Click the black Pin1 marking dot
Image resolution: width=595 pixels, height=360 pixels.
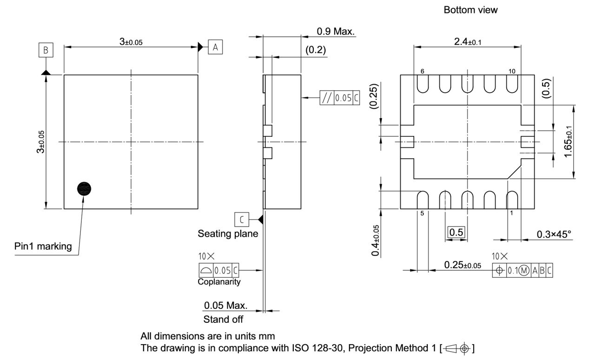point(84,188)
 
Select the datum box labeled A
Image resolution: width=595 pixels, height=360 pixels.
point(215,47)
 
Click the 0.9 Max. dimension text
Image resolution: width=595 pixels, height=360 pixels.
point(335,32)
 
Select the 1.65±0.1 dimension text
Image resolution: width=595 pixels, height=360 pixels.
point(568,142)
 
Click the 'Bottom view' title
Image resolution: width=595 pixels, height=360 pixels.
point(470,10)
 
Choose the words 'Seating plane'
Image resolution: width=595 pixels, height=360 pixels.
point(228,233)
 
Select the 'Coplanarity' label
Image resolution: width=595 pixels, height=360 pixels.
point(219,281)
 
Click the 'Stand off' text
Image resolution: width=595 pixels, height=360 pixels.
point(223,319)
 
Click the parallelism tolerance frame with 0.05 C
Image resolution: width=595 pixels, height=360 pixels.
point(339,98)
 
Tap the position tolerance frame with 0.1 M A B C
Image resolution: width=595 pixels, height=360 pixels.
point(522,270)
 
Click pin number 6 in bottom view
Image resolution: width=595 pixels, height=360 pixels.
point(422,71)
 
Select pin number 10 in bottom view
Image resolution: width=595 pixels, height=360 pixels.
point(512,71)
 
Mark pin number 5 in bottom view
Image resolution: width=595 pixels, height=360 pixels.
point(422,213)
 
